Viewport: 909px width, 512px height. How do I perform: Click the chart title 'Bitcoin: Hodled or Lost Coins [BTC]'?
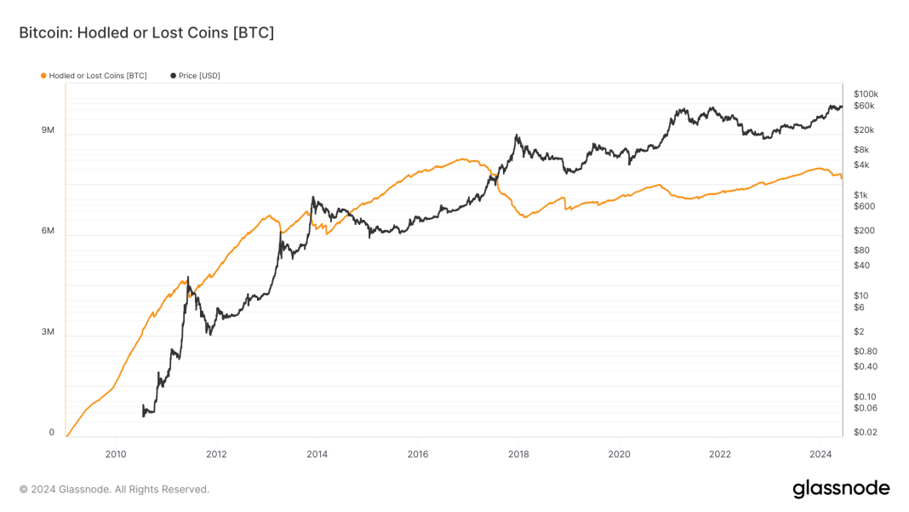146,32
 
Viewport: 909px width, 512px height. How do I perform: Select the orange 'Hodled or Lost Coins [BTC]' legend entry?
94,76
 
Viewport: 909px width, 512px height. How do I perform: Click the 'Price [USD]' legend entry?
196,76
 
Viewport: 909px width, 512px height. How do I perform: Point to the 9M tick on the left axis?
48,130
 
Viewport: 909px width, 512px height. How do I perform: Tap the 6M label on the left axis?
48,231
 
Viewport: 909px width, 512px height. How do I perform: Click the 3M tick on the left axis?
48,331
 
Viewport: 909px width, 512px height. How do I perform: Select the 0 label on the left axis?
51,432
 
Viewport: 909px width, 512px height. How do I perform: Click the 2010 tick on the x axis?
116,454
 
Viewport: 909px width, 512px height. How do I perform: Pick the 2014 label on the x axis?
317,454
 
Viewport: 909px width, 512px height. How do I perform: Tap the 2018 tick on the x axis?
517,454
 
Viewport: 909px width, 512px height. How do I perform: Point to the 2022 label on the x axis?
719,454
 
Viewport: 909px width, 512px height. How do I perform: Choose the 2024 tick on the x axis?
820,454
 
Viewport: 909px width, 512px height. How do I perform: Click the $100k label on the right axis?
866,94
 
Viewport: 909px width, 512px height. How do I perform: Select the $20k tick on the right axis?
864,130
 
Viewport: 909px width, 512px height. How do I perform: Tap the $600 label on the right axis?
864,206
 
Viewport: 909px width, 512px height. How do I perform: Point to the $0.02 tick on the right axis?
865,432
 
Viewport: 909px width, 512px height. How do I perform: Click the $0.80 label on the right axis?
865,351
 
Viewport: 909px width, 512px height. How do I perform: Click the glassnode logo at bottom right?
841,489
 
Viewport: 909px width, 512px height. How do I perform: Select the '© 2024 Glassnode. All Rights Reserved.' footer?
114,489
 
